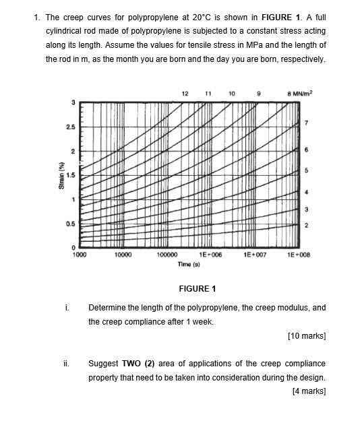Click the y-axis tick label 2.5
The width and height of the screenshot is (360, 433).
[69, 127]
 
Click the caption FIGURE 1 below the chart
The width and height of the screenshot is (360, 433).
[197, 289]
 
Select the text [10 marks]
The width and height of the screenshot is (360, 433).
[307, 335]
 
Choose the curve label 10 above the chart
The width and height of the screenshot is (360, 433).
[231, 92]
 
